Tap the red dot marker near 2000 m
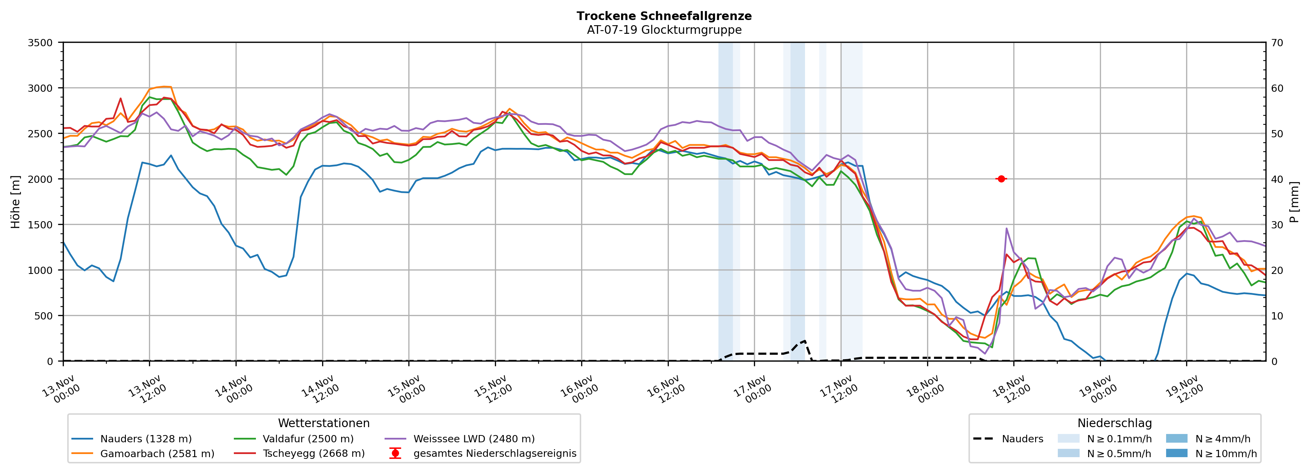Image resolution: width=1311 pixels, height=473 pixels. pyautogui.click(x=1001, y=179)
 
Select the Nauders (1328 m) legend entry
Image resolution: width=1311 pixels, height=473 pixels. pyautogui.click(x=146, y=439)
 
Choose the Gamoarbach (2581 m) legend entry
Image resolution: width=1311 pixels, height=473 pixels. pyautogui.click(x=157, y=454)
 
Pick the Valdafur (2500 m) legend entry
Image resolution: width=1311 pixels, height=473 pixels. pyautogui.click(x=308, y=439)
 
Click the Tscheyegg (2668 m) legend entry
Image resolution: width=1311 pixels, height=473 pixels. pyautogui.click(x=314, y=454)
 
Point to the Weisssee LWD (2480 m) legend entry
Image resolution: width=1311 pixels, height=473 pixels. pyautogui.click(x=474, y=439)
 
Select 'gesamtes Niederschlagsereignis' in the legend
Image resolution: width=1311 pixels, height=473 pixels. pyautogui.click(x=495, y=454)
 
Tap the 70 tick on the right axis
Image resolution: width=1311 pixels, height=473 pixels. pyautogui.click(x=1277, y=43)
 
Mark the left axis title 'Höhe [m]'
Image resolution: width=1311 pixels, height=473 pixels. pyautogui.click(x=15, y=201)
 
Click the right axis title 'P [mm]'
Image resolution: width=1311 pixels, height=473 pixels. pyautogui.click(x=1294, y=201)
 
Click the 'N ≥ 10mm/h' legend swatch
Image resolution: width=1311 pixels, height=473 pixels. pyautogui.click(x=1176, y=453)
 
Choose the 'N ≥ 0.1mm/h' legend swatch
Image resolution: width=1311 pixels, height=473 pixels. pyautogui.click(x=1068, y=438)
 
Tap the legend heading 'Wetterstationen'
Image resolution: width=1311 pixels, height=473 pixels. pyautogui.click(x=324, y=423)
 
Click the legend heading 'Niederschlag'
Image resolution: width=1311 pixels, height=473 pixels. pyautogui.click(x=1114, y=423)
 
